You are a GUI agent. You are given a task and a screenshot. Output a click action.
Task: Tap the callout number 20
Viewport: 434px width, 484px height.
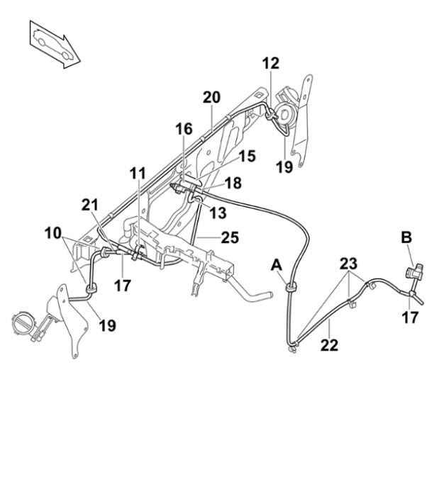tap(212, 96)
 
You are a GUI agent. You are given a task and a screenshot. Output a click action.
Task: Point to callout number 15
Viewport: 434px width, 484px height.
tap(247, 156)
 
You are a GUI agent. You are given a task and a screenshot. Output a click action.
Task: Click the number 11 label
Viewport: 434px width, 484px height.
tap(138, 174)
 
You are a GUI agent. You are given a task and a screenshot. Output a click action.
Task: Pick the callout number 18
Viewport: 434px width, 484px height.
tap(233, 183)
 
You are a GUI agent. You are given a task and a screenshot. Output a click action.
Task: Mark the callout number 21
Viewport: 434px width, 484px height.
tap(90, 204)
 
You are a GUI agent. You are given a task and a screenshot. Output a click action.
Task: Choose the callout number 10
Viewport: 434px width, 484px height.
tap(54, 232)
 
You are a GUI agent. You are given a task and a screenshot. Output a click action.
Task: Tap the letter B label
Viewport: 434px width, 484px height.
tap(406, 238)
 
